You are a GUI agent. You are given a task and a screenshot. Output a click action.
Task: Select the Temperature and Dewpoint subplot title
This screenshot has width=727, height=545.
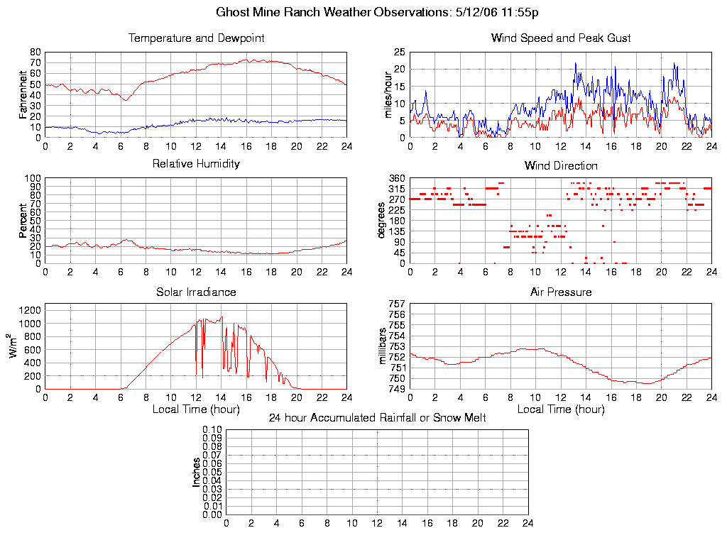tap(196, 38)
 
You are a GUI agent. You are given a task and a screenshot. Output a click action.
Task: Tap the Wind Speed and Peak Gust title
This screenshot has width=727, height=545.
tap(561, 38)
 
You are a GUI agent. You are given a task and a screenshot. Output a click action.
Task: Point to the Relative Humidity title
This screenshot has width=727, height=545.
tap(196, 164)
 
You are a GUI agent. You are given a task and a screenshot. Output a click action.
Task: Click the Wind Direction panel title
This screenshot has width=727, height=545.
tap(561, 166)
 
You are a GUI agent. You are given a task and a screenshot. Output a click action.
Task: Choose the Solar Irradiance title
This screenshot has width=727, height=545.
tap(196, 292)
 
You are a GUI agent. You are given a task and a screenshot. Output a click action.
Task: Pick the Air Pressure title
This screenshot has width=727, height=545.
tap(561, 292)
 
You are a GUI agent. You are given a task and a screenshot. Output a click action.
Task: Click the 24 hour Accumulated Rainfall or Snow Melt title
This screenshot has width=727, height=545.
tap(377, 418)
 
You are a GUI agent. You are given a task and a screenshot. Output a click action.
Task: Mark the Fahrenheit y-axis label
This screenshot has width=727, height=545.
tap(23, 95)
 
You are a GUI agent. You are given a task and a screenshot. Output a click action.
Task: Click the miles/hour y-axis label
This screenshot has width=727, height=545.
tap(388, 95)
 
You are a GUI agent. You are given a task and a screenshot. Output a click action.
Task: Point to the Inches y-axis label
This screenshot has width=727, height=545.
tap(197, 472)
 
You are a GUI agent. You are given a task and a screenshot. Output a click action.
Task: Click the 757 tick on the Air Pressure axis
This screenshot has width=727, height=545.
tap(396, 304)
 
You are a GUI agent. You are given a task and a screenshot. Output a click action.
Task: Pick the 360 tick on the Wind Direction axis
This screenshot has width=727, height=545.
tap(396, 178)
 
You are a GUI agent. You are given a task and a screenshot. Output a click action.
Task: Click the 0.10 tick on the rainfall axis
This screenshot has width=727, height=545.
tap(212, 429)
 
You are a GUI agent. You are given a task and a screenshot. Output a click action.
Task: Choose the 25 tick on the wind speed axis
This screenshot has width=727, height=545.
tap(399, 53)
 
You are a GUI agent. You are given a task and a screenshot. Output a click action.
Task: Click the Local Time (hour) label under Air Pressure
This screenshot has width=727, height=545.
tap(561, 409)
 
